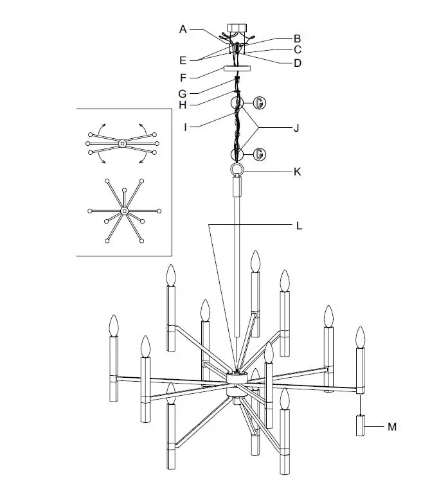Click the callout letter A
pyautogui.click(x=183, y=29)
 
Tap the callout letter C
pyautogui.click(x=298, y=49)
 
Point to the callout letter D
pyautogui.click(x=298, y=62)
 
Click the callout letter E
pyautogui.click(x=183, y=60)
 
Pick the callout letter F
pyautogui.click(x=183, y=78)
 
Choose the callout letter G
pyautogui.click(x=183, y=93)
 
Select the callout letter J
pyautogui.click(x=296, y=127)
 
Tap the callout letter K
pyautogui.click(x=297, y=172)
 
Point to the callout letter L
pyautogui.click(x=299, y=226)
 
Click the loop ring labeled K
pyautogui.click(x=237, y=170)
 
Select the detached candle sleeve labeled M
pyautogui.click(x=360, y=425)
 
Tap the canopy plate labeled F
pyautogui.click(x=237, y=69)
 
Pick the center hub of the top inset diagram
pyautogui.click(x=122, y=143)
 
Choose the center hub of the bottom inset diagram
pyautogui.click(x=124, y=211)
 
